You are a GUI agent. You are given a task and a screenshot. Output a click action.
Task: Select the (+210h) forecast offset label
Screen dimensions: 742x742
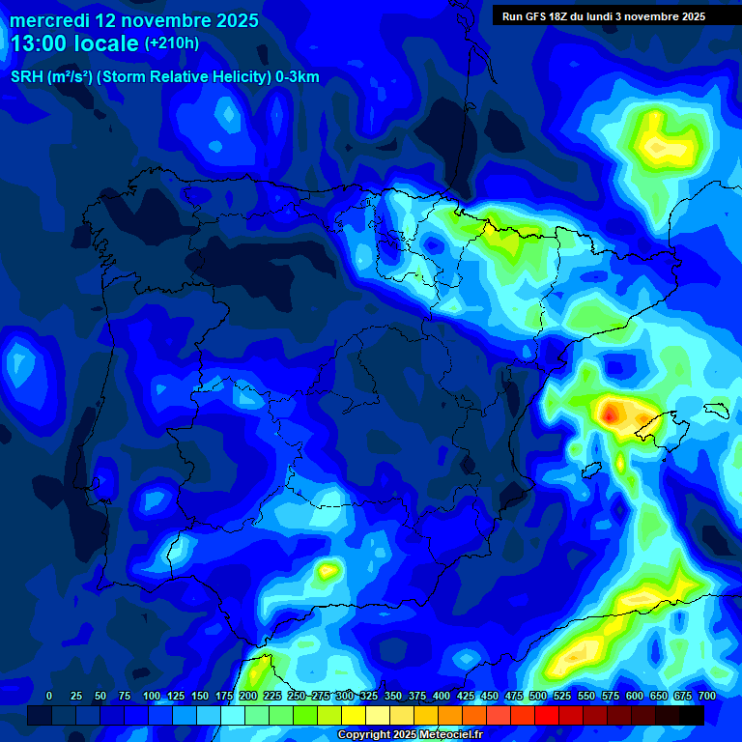point(172,43)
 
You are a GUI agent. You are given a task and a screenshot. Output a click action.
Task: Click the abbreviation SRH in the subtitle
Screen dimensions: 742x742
point(26,77)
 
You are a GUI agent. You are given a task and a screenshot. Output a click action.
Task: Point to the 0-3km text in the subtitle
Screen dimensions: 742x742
point(297,77)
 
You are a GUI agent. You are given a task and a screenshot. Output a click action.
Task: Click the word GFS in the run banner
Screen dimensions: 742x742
point(537,16)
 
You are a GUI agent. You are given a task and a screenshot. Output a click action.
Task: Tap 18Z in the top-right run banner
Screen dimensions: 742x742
point(562,16)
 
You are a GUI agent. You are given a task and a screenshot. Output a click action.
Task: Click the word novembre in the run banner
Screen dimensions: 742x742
point(649,16)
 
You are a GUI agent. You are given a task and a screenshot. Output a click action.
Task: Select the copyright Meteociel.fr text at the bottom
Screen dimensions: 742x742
point(410,734)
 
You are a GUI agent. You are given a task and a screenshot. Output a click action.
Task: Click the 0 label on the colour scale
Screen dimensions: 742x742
point(49,697)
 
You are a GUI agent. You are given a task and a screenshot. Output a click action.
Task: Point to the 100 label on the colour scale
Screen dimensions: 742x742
point(152,697)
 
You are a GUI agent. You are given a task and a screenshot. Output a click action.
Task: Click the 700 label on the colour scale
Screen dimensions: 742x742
point(707,697)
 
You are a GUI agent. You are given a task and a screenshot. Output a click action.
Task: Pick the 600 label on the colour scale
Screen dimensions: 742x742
point(635,697)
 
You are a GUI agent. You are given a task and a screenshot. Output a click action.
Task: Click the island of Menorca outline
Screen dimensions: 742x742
point(716,410)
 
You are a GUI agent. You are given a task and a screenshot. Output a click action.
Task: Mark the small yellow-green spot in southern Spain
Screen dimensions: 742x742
point(328,570)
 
